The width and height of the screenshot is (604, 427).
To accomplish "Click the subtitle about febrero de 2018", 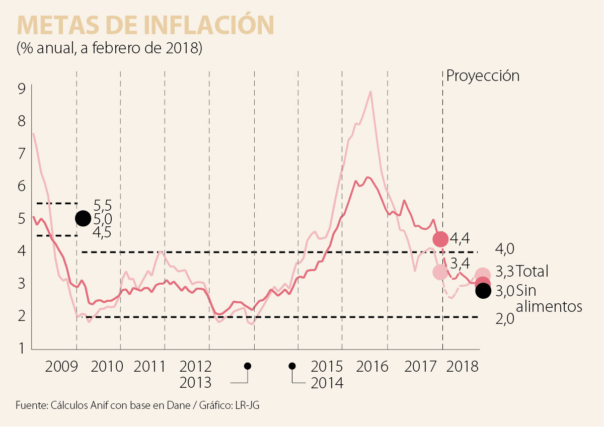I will (x=109, y=48).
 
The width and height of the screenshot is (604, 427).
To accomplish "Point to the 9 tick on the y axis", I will (x=21, y=89).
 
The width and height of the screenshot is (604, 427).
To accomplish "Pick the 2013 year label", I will (x=196, y=383).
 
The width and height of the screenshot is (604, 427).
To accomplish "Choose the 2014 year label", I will (x=327, y=383).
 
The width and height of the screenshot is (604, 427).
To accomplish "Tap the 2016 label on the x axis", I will (x=373, y=366).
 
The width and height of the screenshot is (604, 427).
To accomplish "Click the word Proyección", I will (x=483, y=76).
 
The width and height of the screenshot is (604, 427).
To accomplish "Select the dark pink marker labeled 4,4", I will (x=440, y=239).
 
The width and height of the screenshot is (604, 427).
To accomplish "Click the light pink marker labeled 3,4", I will (x=439, y=272).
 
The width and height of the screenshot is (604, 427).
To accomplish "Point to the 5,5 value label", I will (x=103, y=206).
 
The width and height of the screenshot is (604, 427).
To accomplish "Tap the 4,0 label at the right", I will (x=504, y=250).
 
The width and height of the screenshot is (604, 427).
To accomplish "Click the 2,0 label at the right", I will (x=504, y=318).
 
